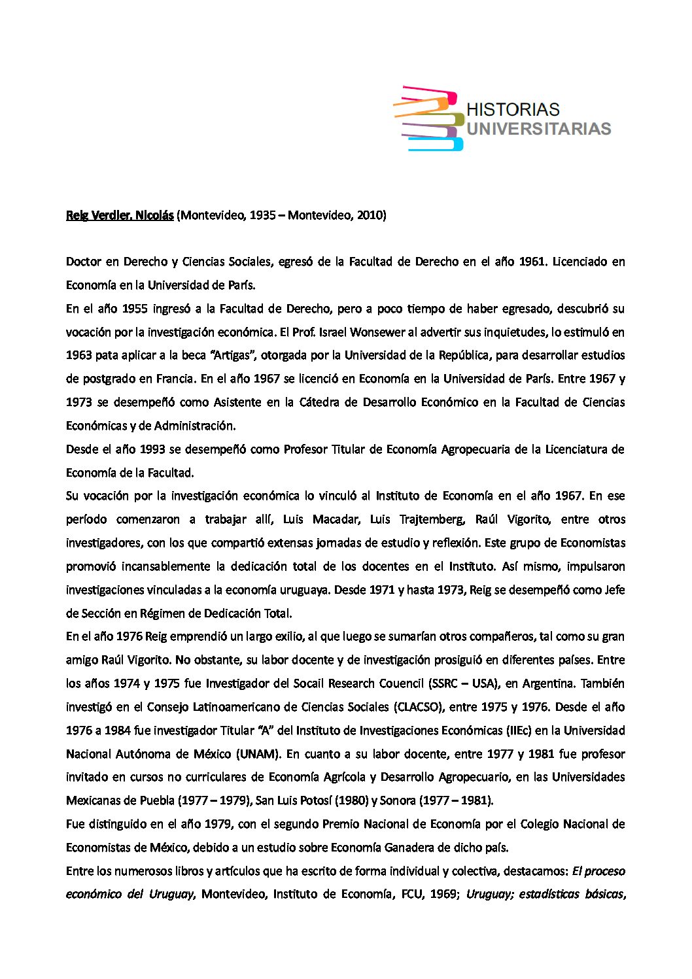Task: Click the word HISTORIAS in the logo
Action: tap(513, 109)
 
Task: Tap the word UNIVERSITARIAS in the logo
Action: tap(538, 129)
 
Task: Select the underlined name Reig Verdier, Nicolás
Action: tap(120, 215)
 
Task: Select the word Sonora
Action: tap(396, 800)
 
